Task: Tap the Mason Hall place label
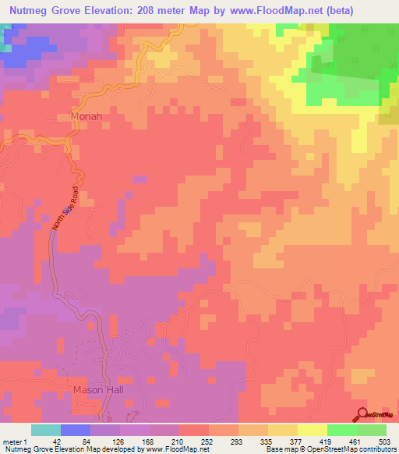[x=94, y=389]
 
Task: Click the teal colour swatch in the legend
[x=46, y=431]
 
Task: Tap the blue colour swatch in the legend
[x=76, y=431]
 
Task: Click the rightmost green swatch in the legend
[x=372, y=431]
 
